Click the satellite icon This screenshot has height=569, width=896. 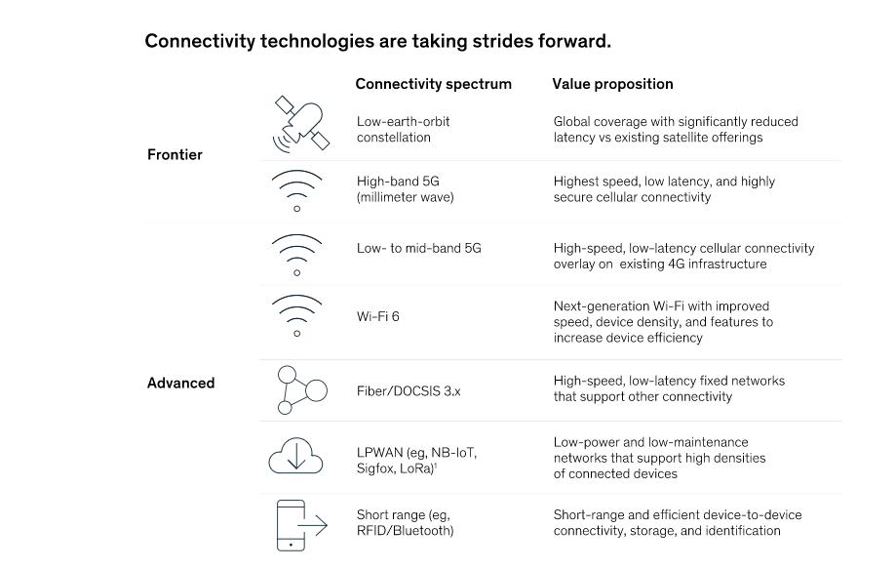(x=301, y=125)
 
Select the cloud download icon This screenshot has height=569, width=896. (x=296, y=456)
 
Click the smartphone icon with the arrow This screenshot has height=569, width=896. (x=301, y=525)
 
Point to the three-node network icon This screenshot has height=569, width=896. (x=301, y=390)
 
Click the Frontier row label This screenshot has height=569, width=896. (x=175, y=155)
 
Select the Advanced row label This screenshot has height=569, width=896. (x=181, y=384)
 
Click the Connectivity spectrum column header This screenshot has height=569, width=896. (x=433, y=84)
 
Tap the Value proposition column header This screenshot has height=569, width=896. (x=612, y=84)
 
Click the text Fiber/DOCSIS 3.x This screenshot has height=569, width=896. (x=409, y=391)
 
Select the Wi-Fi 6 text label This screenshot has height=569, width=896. (x=377, y=316)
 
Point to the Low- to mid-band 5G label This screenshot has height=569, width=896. (x=419, y=248)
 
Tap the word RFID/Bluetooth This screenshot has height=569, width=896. (x=406, y=531)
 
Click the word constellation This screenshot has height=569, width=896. (x=394, y=138)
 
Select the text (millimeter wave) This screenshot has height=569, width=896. (x=406, y=197)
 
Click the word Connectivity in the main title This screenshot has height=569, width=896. (x=200, y=42)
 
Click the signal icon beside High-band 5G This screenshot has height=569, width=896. (x=296, y=191)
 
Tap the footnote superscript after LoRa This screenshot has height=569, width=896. (x=436, y=466)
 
